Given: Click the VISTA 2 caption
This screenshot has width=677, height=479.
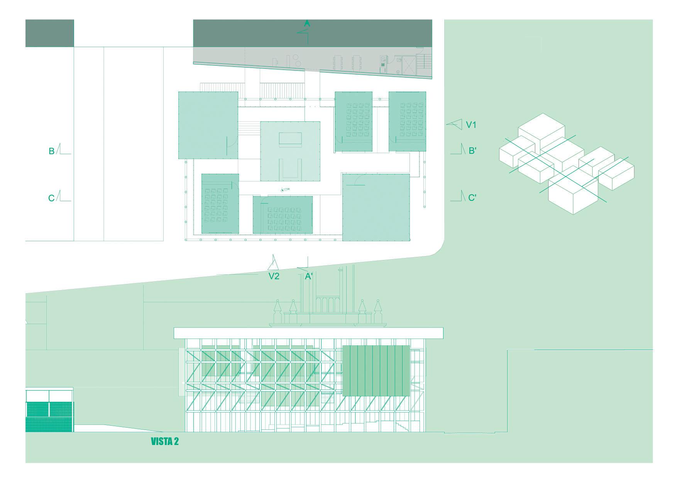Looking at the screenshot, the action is point(165,442).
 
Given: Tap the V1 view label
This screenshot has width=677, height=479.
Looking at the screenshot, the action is point(471,125).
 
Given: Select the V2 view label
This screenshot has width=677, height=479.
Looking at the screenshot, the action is point(274,276).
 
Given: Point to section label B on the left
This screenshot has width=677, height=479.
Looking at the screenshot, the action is point(51,151).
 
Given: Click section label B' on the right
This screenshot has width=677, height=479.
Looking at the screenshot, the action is point(472,151).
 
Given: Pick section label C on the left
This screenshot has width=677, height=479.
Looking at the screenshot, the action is point(51,198).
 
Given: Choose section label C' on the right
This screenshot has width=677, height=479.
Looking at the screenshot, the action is point(472,198).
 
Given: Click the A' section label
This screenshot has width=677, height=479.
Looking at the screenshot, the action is point(309,277).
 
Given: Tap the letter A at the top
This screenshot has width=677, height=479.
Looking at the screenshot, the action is point(307,24).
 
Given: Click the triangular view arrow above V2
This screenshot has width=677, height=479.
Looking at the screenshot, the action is point(274,263).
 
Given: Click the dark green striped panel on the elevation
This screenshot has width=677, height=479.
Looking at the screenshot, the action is point(376,371).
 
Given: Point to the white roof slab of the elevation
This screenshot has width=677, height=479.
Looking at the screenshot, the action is point(308,333).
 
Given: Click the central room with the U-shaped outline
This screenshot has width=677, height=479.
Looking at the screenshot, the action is point(290,151).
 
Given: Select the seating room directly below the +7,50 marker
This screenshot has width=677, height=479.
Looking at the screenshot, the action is point(283,215).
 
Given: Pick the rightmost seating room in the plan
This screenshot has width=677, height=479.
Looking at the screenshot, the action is point(407,121).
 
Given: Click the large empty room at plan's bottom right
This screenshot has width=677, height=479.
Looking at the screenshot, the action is point(376,207).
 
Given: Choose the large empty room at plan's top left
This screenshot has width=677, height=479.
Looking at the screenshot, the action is point(208,125).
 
